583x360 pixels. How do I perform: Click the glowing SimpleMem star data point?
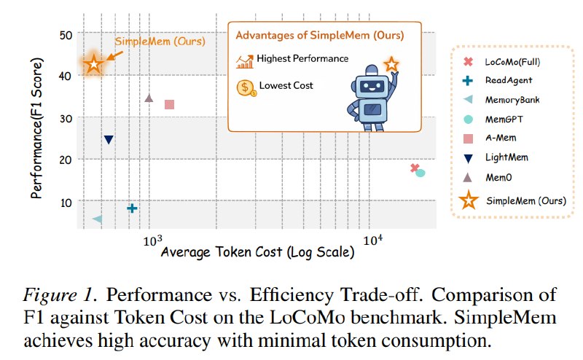(x=94, y=64)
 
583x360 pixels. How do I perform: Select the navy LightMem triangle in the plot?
(x=109, y=140)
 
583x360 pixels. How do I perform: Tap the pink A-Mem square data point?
(x=170, y=104)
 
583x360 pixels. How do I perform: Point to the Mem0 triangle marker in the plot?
(x=149, y=98)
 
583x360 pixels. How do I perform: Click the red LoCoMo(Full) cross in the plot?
(x=415, y=168)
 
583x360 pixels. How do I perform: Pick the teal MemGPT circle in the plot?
(x=420, y=173)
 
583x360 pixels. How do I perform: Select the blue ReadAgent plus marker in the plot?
(x=132, y=208)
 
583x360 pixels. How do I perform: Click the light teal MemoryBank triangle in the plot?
(x=98, y=219)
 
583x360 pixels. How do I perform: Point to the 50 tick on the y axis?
(x=66, y=35)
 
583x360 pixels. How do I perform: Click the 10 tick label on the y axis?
(x=66, y=203)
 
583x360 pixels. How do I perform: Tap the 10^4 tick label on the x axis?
(x=372, y=240)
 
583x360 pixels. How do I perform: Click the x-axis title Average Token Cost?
(x=257, y=252)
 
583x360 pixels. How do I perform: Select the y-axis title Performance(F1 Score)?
(x=37, y=128)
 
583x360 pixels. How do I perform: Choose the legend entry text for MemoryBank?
(x=512, y=100)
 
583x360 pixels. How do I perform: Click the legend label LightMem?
(x=506, y=157)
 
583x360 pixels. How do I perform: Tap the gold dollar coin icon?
(x=246, y=87)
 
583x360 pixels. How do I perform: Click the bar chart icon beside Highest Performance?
(x=245, y=61)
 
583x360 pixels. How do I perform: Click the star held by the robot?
(x=391, y=64)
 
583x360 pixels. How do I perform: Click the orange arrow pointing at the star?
(x=115, y=55)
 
